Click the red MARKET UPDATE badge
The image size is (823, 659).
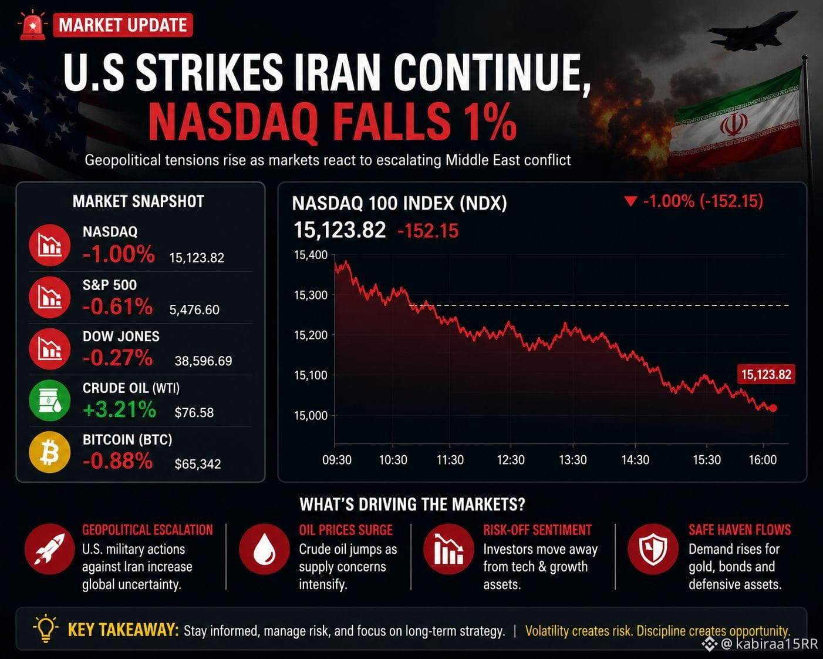[123, 25]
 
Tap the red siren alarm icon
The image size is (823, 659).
[32, 25]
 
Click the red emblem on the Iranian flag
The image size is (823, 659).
[734, 125]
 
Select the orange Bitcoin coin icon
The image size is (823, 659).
[50, 452]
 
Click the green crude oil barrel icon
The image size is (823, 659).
[50, 401]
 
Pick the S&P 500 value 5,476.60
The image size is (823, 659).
[194, 310]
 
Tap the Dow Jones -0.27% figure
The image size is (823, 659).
[118, 358]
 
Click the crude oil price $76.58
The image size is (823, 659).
[194, 412]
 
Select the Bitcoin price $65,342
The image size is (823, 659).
[198, 464]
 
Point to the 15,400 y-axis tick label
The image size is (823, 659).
[311, 255]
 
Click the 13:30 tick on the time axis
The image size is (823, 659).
[572, 460]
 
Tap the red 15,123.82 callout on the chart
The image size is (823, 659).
[766, 374]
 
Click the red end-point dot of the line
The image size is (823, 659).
[773, 408]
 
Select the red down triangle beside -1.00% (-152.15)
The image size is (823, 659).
[630, 201]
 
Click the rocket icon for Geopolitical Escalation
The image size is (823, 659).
[50, 549]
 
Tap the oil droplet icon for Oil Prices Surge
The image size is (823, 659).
[264, 549]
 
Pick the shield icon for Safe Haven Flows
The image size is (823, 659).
[653, 549]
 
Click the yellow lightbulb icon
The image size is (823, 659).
[46, 628]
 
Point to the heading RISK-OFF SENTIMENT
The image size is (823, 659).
[537, 530]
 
